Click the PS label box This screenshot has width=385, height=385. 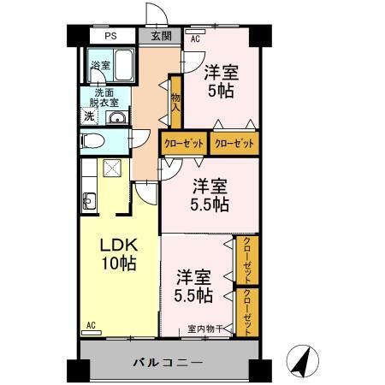tap(111, 37)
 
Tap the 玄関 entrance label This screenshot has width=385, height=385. tap(162, 37)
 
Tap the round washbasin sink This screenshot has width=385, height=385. tap(117, 117)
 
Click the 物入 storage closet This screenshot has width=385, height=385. tap(175, 104)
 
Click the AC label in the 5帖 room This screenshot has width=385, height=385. tap(194, 39)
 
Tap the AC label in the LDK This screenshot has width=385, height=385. tap(91, 325)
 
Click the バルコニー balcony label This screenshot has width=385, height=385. tap(168, 363)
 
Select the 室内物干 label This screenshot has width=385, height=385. tap(205, 329)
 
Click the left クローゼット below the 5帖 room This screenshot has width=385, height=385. tap(184, 143)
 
